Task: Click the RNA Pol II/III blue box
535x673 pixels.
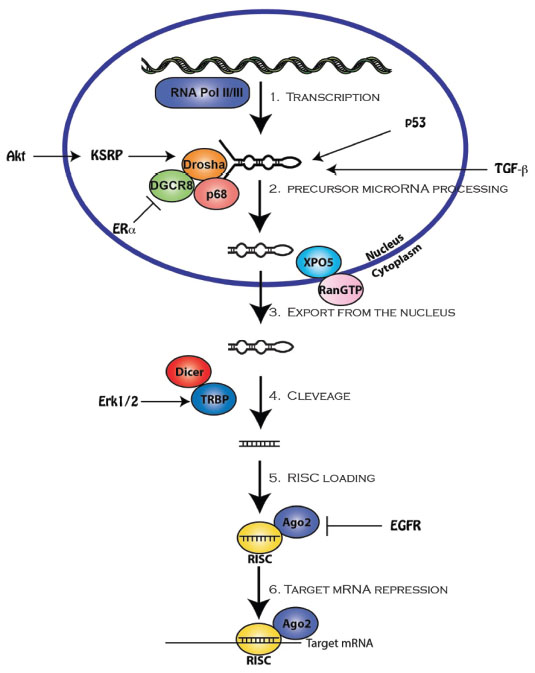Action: [x=202, y=92]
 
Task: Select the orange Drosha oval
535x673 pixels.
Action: [x=204, y=164]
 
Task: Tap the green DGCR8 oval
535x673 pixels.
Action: [x=171, y=186]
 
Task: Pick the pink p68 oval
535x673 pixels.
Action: [x=216, y=194]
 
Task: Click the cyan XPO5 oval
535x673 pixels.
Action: [x=318, y=261]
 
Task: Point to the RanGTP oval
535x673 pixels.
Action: [x=340, y=289]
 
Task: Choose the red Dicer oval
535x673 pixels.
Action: [x=188, y=372]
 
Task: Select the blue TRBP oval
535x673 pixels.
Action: [x=213, y=399]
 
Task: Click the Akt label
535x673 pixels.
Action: [x=16, y=155]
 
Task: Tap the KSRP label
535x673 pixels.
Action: [x=106, y=155]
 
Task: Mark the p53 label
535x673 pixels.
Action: [x=415, y=123]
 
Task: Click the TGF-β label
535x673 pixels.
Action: [x=511, y=169]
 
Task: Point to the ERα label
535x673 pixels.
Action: [x=124, y=229]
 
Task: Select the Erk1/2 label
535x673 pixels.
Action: [x=118, y=401]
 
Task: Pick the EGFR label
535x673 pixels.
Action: [x=405, y=525]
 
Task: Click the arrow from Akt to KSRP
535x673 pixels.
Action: [x=57, y=156]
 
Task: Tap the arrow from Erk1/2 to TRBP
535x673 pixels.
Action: [x=165, y=402]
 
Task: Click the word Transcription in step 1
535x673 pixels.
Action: [x=333, y=97]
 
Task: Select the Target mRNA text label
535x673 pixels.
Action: [x=339, y=643]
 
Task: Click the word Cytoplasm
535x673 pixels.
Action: [x=396, y=261]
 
